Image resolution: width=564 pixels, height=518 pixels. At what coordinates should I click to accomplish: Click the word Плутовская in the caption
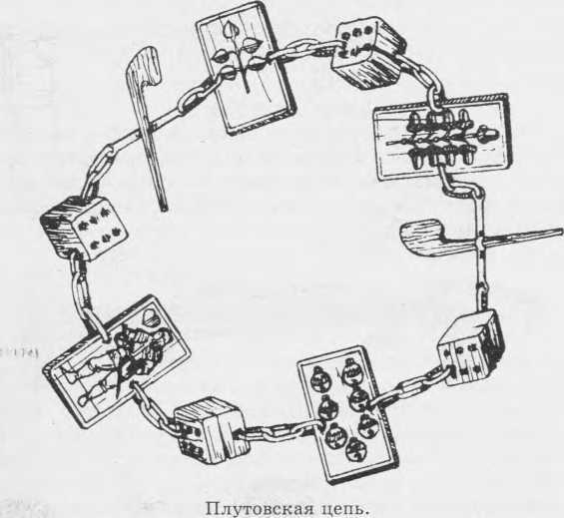click(x=255, y=505)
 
